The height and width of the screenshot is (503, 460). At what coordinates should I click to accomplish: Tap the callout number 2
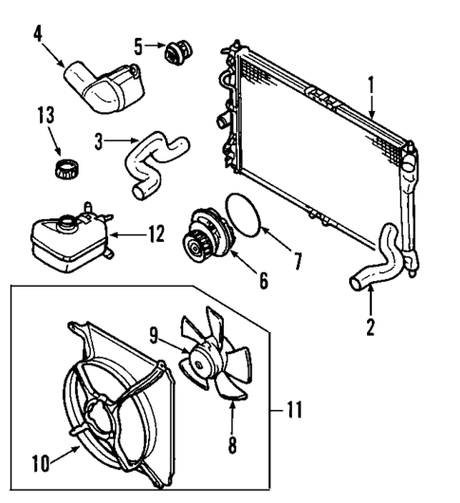click(371, 327)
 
